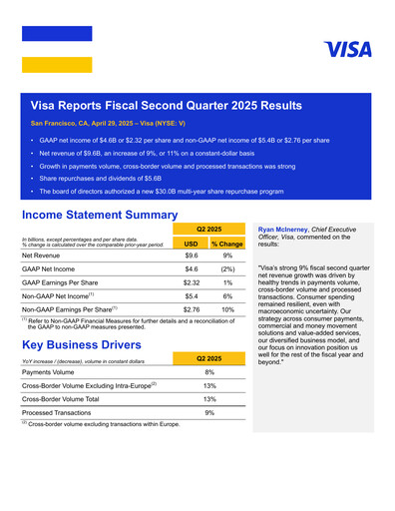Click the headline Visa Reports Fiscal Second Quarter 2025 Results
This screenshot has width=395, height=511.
(x=167, y=105)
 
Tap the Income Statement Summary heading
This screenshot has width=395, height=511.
(x=99, y=214)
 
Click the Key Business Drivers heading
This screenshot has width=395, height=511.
(x=84, y=344)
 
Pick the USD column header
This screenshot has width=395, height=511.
(x=191, y=243)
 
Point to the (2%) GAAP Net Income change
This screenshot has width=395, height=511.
(x=228, y=269)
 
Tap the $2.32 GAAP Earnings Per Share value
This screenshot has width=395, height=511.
(x=191, y=283)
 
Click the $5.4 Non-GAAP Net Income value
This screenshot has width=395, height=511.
(x=191, y=296)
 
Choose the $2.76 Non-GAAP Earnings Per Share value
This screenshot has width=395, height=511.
(x=191, y=310)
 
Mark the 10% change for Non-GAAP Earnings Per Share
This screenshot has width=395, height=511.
(x=228, y=310)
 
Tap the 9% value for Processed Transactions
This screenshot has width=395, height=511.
(x=209, y=411)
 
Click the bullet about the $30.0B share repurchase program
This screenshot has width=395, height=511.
(x=162, y=190)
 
